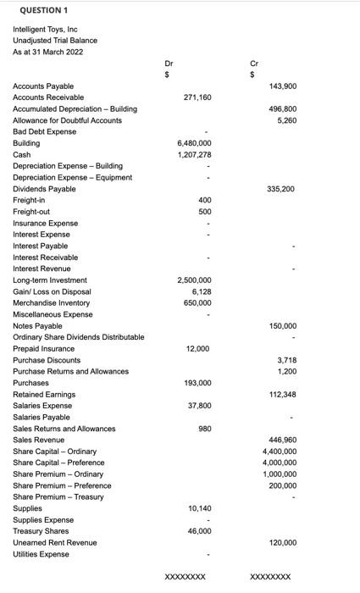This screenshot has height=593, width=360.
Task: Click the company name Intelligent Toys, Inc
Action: tap(45, 29)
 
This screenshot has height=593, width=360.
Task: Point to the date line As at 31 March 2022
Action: tap(47, 52)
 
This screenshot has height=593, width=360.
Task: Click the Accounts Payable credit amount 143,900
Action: tap(282, 86)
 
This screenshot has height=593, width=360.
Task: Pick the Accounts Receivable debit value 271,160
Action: tap(197, 97)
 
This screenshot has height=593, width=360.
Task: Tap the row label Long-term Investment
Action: tap(50, 280)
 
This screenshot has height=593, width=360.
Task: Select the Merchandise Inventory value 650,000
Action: tap(197, 303)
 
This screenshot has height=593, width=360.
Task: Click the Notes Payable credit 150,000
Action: tap(282, 326)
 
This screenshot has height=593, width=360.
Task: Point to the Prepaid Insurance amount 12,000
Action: tap(199, 349)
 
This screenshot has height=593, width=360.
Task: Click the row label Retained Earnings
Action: tap(44, 395)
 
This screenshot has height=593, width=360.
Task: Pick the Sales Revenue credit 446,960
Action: tap(282, 441)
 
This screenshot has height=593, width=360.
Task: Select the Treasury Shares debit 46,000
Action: tap(199, 531)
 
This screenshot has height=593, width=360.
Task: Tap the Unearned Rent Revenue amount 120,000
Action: tap(282, 542)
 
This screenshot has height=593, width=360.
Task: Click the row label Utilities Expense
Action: tap(42, 554)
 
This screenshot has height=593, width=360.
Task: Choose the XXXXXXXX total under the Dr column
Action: tap(185, 577)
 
